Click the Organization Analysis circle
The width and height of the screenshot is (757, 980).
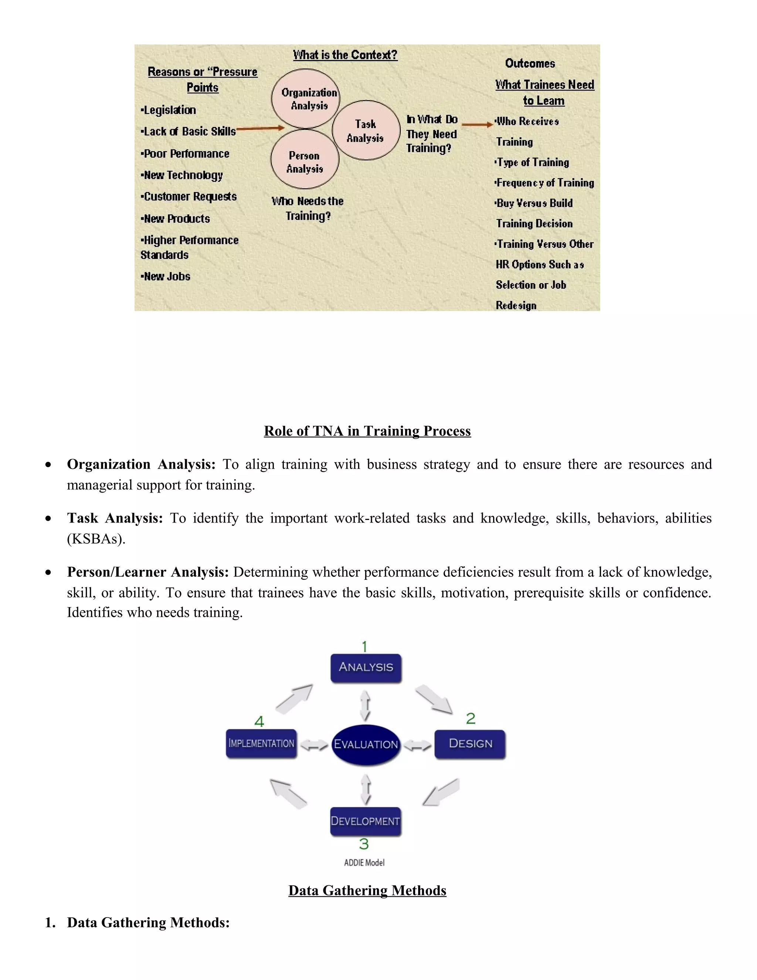305,99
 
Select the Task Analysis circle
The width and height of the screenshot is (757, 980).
366,130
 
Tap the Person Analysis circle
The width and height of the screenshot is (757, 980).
305,160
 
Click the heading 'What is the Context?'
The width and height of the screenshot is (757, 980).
345,55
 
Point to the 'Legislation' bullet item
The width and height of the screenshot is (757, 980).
169,110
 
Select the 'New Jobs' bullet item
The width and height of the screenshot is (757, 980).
166,276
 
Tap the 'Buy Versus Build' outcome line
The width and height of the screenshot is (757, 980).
534,203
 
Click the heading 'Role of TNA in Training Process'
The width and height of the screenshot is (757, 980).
367,431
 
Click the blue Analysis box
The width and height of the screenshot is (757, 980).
366,667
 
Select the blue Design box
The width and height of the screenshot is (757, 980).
470,744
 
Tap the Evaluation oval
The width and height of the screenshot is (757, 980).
366,744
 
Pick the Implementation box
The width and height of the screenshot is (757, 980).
261,744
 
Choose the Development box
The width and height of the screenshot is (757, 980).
366,821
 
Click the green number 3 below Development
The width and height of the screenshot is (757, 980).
364,844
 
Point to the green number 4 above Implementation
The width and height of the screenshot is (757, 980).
259,721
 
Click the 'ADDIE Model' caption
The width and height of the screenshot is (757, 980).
364,862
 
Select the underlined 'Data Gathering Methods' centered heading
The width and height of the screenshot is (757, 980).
367,890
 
